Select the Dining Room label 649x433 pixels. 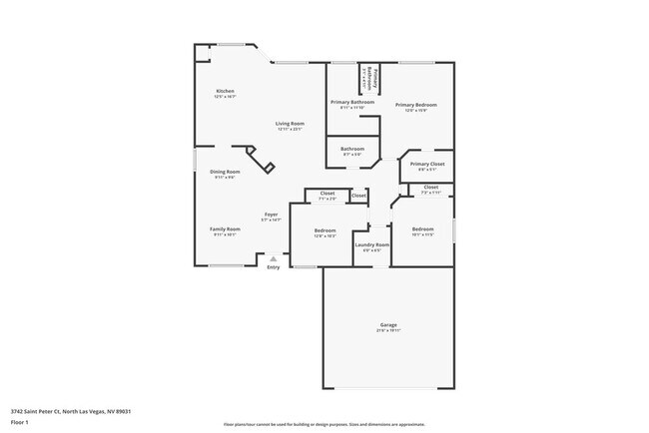click(225, 174)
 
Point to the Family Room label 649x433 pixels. click(225, 230)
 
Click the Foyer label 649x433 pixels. click(271, 216)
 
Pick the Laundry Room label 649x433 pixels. click(370, 246)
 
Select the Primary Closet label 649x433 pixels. click(426, 166)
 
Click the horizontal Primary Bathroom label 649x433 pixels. click(352, 104)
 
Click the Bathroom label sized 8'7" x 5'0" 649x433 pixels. click(352, 151)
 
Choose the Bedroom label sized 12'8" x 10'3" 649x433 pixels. click(325, 232)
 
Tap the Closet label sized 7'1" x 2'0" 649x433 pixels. click(326, 196)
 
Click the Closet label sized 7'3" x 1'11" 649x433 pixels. click(430, 189)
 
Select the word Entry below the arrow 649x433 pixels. click(273, 266)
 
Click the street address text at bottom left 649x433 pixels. click(72, 410)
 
